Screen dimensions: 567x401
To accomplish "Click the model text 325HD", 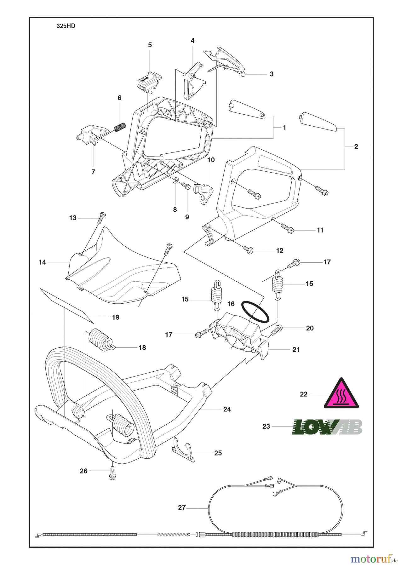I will [66, 26].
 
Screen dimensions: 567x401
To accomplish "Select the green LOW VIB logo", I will [327, 427].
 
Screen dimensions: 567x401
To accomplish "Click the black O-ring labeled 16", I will [255, 312].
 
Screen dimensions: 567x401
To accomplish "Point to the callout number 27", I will [182, 507].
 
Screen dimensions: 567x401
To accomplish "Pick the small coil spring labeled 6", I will [120, 127].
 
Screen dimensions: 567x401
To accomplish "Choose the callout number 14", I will [42, 262].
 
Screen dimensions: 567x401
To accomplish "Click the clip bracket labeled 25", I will [184, 451].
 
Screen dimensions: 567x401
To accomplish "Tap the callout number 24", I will [227, 409].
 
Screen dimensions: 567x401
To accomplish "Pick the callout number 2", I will [356, 146].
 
